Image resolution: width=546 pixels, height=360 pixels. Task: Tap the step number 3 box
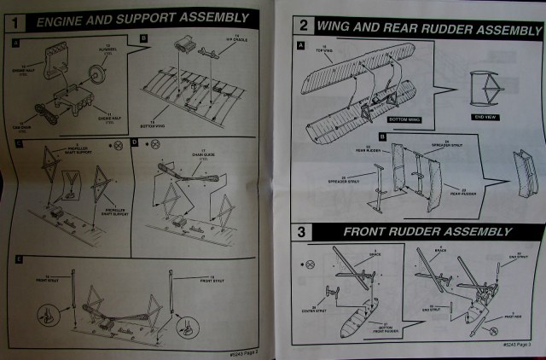303,231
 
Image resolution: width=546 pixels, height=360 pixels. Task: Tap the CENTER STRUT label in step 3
325,308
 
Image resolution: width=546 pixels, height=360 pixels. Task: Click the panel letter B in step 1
144,39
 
